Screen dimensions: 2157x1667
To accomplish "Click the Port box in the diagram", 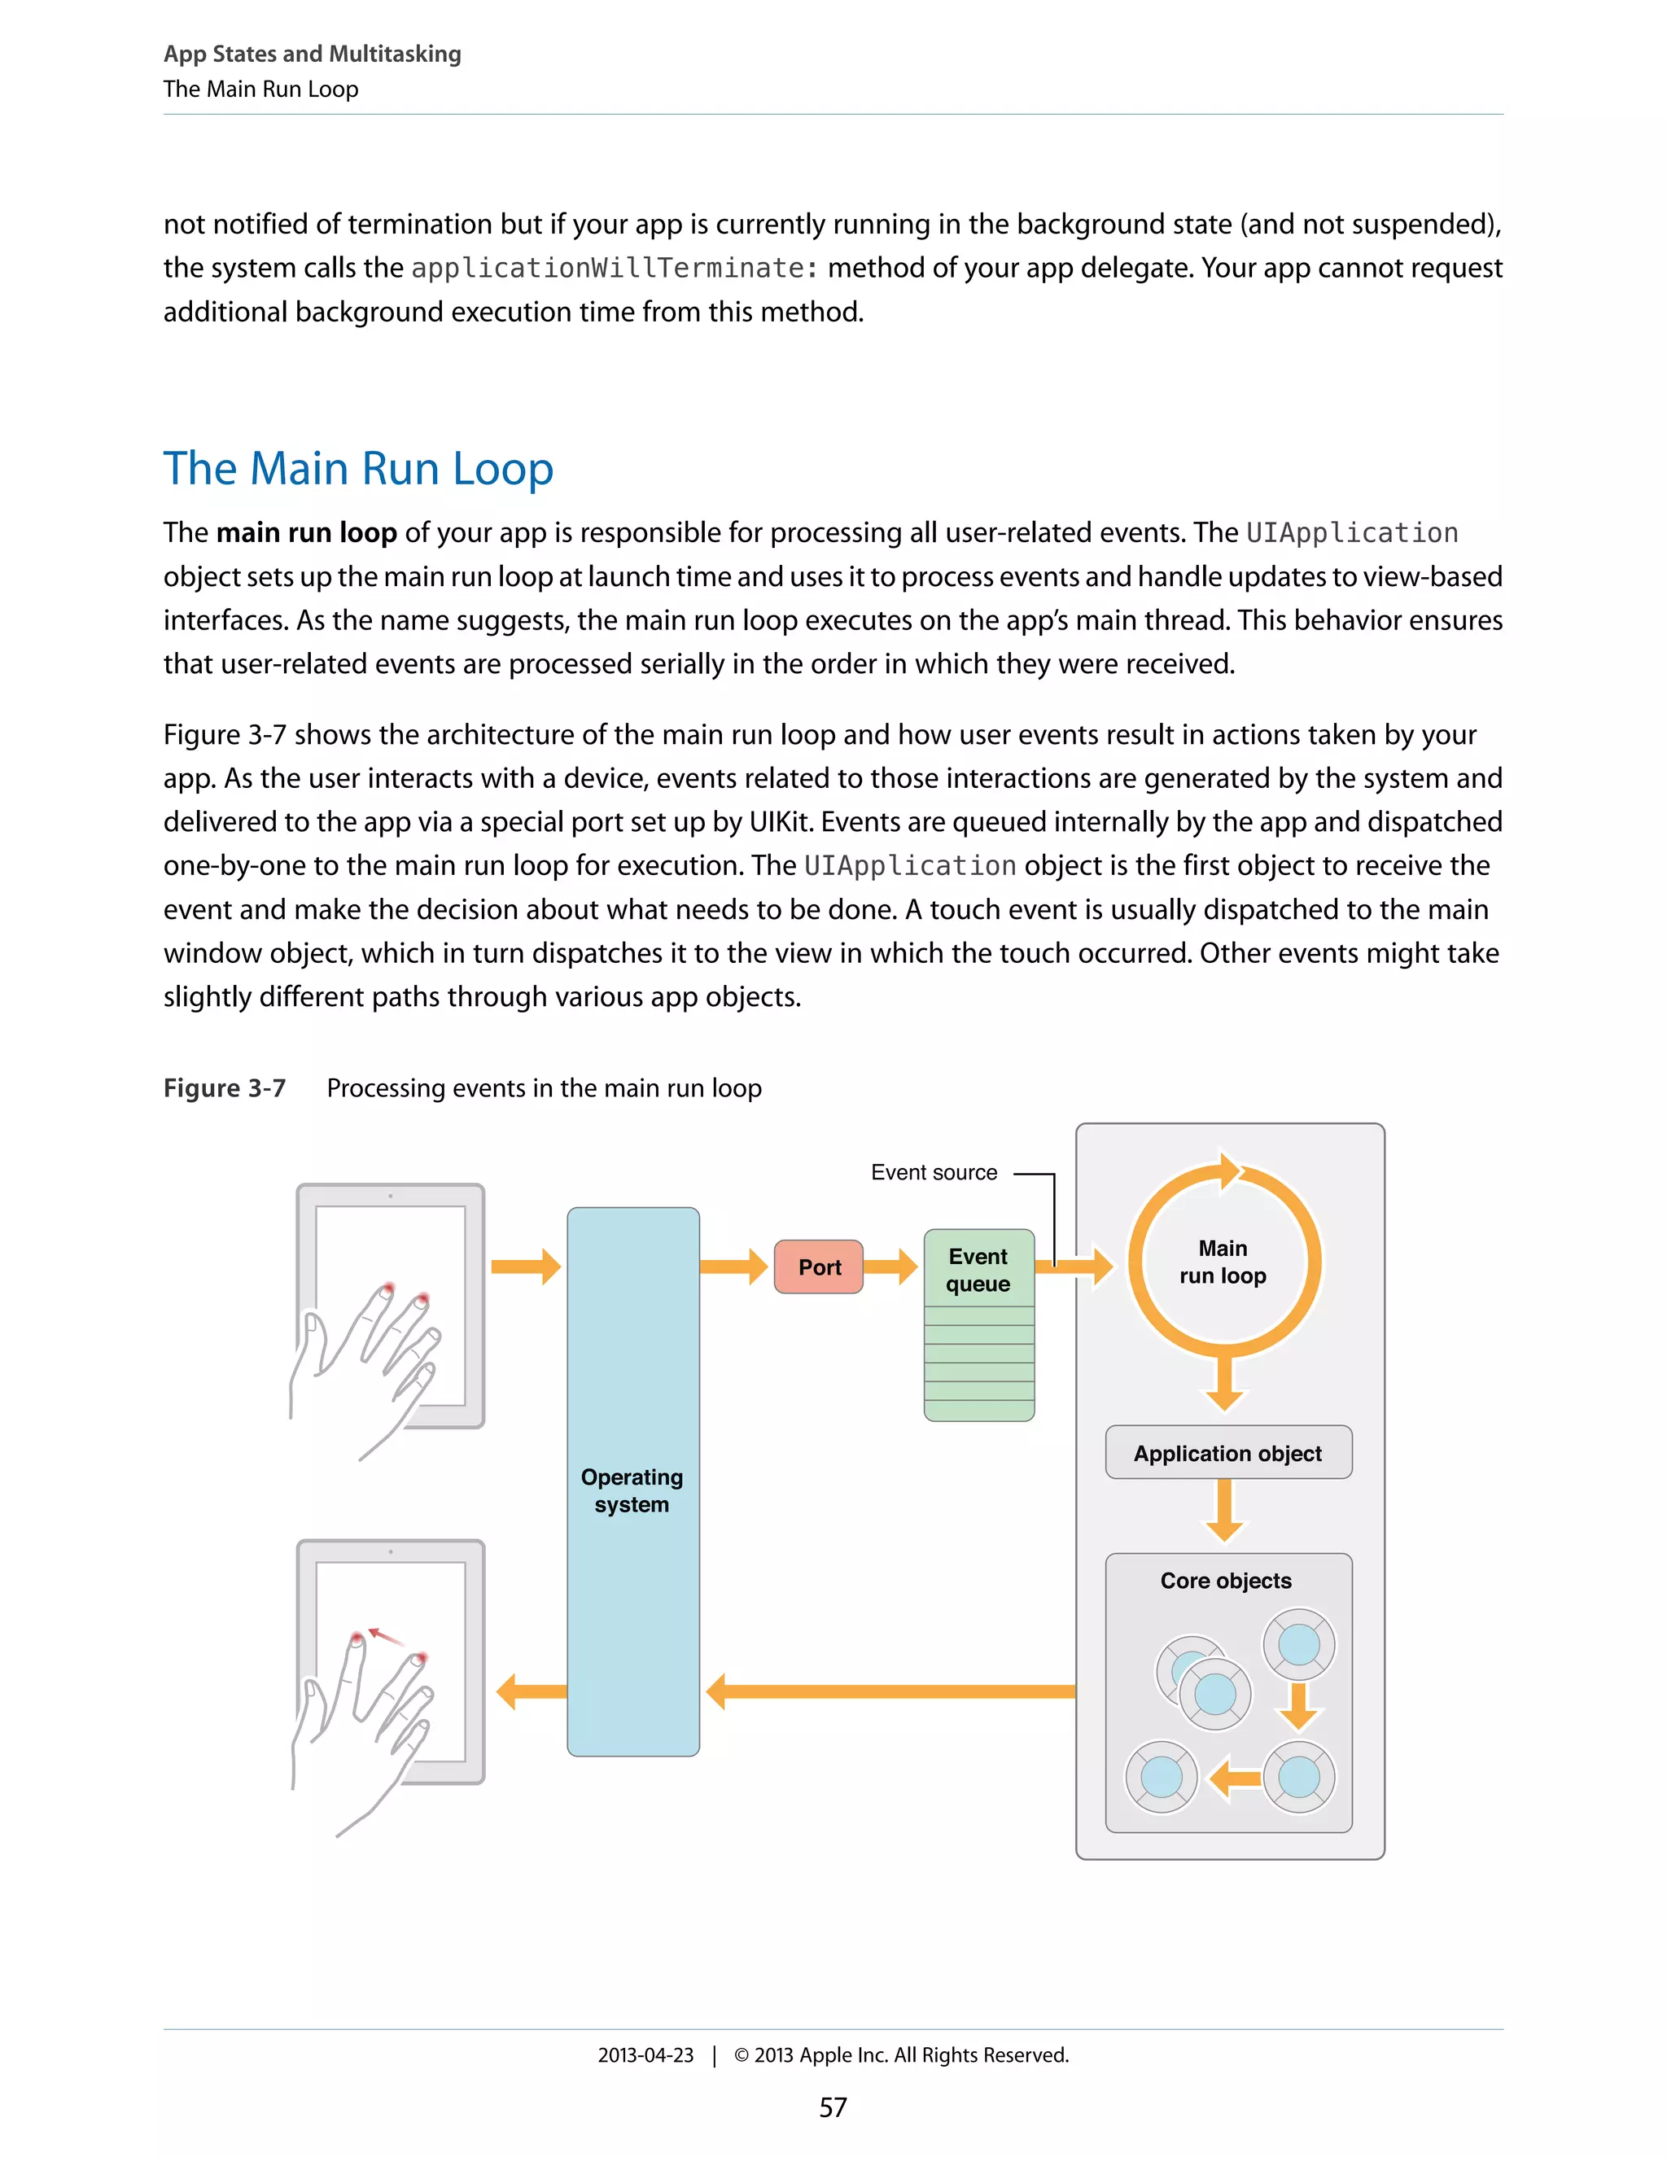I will tap(819, 1267).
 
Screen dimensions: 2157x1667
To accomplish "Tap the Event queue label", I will tap(978, 1270).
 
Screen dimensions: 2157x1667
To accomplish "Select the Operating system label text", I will tap(632, 1490).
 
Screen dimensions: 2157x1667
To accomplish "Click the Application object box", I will tap(1227, 1453).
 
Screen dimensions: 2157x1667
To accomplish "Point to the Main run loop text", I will tap(1223, 1262).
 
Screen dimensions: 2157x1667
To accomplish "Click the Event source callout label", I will tap(934, 1172).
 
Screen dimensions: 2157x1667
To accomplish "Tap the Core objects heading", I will tap(1226, 1580).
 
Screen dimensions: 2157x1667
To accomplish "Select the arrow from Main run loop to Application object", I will tap(1224, 1383).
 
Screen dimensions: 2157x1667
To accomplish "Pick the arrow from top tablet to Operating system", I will tap(525, 1267).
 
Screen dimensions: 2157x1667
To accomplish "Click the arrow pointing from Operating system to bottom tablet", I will tap(532, 1691).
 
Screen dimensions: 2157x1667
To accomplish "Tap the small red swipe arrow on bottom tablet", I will tap(386, 1637).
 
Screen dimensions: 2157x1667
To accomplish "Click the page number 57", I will tap(833, 2107).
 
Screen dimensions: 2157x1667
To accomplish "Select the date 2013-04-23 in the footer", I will tap(645, 2054).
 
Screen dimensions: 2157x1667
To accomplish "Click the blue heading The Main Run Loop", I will tap(358, 468).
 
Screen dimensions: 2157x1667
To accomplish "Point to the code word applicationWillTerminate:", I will tap(615, 268).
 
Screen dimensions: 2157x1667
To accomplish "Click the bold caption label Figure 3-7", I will tap(224, 1087).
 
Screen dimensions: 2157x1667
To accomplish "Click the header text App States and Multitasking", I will tap(312, 54).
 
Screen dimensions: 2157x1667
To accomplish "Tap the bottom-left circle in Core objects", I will tap(1162, 1777).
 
